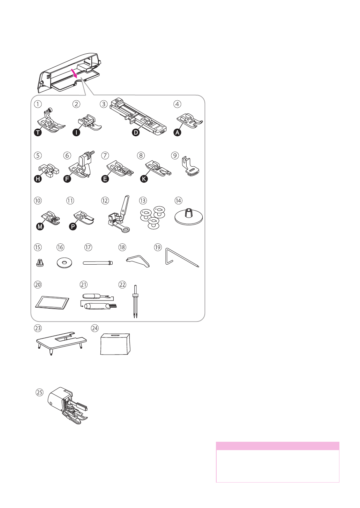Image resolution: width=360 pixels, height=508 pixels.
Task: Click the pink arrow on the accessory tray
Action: (74, 72)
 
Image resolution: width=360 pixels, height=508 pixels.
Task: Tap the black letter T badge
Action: (38, 132)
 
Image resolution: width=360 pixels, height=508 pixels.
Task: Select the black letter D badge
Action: (136, 132)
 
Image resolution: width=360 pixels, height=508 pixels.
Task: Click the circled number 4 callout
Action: (178, 104)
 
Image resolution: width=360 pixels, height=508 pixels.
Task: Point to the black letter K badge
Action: (144, 179)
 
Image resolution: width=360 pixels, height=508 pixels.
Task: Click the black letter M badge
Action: (40, 226)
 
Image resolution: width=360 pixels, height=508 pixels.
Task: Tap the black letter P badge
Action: (73, 226)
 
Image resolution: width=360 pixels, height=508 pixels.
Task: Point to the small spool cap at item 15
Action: (40, 263)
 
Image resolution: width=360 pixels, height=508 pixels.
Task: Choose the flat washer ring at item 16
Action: (64, 263)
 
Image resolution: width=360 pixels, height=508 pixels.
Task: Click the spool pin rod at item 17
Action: (98, 263)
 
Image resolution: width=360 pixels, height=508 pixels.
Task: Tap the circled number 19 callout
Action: (158, 247)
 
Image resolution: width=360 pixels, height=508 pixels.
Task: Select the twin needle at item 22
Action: (135, 301)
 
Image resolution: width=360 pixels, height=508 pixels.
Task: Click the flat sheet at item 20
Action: (52, 303)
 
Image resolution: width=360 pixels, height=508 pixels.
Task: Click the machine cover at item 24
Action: (115, 344)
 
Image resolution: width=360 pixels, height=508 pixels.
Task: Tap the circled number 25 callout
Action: (40, 393)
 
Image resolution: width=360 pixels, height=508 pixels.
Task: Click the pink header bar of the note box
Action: (277, 446)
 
